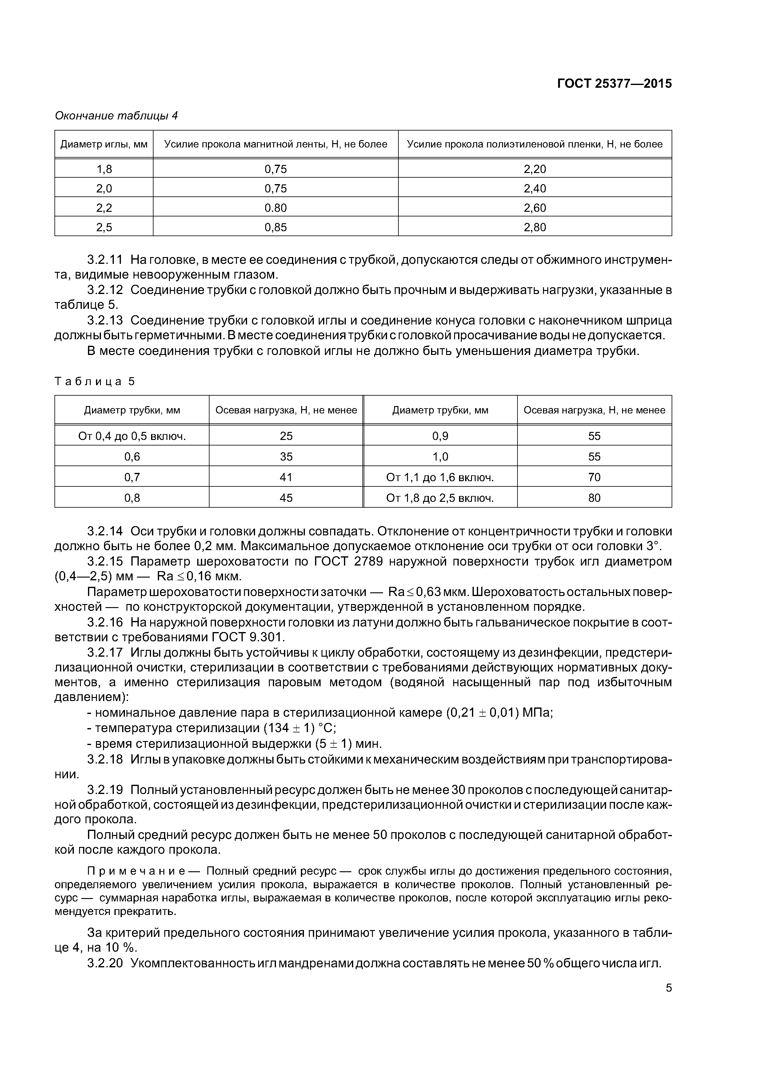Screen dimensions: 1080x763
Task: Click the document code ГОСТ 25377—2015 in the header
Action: pos(614,84)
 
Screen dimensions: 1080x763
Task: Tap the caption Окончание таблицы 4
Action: pos(116,116)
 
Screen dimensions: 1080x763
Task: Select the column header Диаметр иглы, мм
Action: pos(104,144)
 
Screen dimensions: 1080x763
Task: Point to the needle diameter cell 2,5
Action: pos(104,228)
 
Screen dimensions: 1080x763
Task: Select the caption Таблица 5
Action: pos(94,381)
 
